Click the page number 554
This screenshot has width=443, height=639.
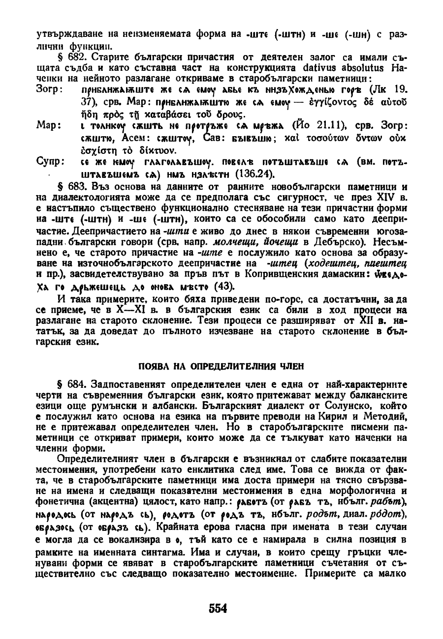click(217, 608)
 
